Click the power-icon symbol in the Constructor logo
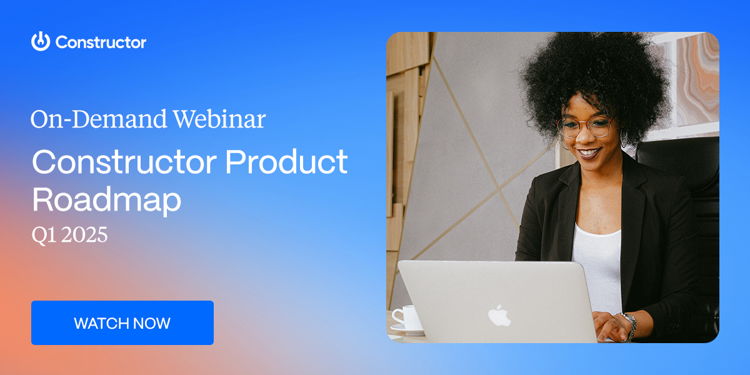(40, 41)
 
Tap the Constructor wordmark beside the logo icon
(101, 42)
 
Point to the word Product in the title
(286, 162)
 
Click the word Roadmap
(106, 199)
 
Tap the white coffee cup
(408, 317)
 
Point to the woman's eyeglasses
(586, 127)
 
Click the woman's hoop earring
(623, 139)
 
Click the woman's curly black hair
(594, 69)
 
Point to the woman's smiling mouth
(589, 152)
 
